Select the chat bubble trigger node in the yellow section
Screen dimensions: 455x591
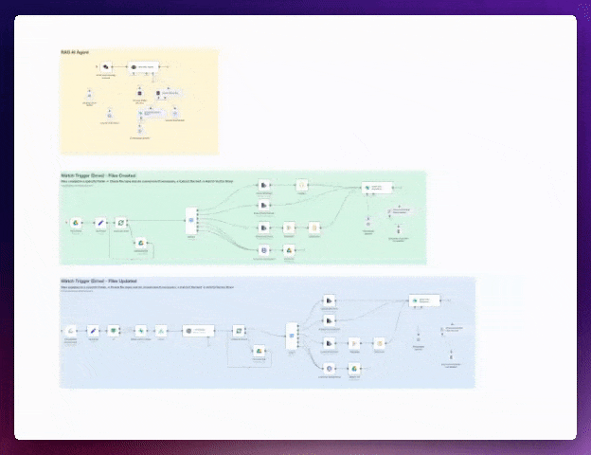coord(106,67)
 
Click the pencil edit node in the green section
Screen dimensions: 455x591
coord(98,223)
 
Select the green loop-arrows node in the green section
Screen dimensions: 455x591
coord(121,223)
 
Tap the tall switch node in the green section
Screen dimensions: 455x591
coord(190,222)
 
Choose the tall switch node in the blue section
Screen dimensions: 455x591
coord(292,337)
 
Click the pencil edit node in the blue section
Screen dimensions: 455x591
coord(94,331)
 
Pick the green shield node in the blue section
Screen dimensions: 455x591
coord(115,331)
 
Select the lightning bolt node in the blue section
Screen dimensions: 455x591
coord(162,331)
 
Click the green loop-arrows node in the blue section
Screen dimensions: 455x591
coord(240,331)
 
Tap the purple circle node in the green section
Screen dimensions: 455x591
coord(265,249)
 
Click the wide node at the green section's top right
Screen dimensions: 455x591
coord(375,188)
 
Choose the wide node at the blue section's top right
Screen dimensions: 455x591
coord(425,300)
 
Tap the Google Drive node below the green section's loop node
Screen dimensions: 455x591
coord(140,245)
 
